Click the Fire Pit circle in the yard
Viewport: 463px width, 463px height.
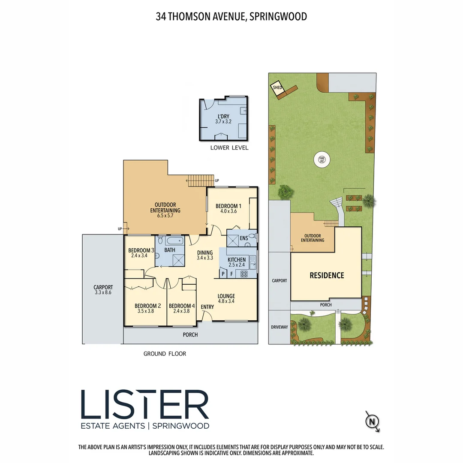pos(322,160)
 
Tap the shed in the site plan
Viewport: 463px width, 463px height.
pos(277,89)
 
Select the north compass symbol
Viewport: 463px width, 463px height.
pos(372,422)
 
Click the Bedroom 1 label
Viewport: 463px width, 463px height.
pos(228,206)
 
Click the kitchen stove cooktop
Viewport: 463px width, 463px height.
pos(244,274)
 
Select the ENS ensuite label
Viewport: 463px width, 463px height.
pos(244,238)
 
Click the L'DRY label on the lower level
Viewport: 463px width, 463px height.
pos(223,116)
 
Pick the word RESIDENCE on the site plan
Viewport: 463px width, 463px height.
pos(327,275)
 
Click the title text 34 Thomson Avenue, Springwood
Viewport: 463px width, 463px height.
pos(231,17)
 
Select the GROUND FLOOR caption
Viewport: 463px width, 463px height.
pos(165,354)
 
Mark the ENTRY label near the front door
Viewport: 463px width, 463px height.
pos(207,307)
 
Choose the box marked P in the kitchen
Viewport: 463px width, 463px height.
pos(223,274)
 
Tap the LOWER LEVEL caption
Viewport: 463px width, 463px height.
pos(229,148)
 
